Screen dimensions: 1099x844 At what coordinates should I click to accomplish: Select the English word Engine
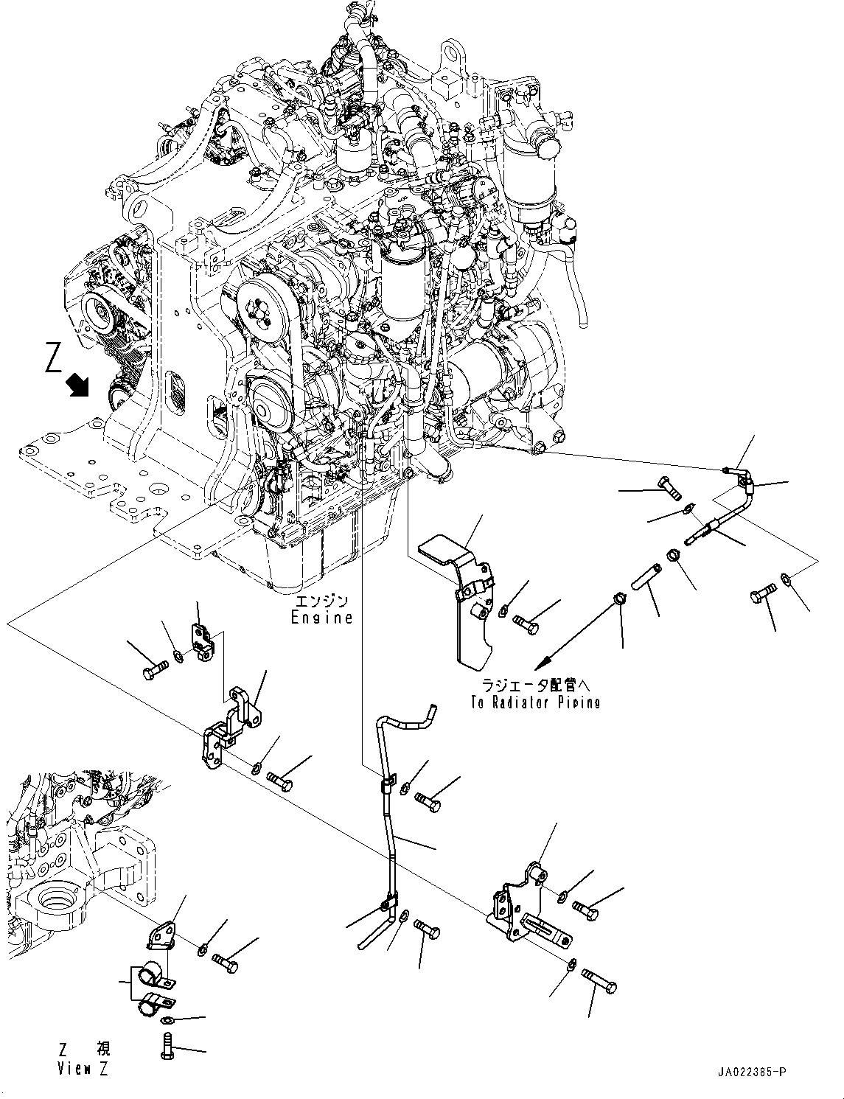pyautogui.click(x=321, y=618)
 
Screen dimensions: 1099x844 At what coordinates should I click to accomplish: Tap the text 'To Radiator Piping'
pyautogui.click(x=535, y=702)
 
